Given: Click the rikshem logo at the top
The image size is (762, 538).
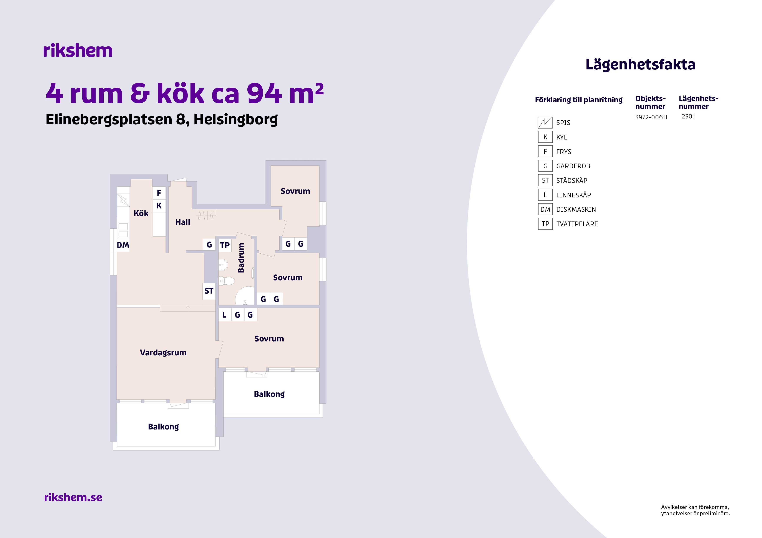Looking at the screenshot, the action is (78, 51).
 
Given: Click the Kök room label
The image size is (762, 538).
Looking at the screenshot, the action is (141, 213).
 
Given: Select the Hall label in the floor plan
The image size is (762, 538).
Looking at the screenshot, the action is (182, 222).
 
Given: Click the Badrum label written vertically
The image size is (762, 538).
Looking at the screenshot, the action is (241, 258).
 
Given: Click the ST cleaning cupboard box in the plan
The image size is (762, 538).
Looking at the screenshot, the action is (209, 291).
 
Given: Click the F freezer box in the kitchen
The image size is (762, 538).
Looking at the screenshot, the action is (159, 193).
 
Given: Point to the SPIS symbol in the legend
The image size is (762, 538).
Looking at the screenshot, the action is (545, 123).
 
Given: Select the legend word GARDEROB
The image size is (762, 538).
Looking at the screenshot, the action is (573, 166).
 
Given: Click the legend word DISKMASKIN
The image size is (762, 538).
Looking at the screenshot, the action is (576, 210).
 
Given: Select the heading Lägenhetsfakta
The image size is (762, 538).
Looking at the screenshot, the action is (640, 65).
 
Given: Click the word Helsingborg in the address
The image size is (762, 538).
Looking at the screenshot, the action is (236, 119).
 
